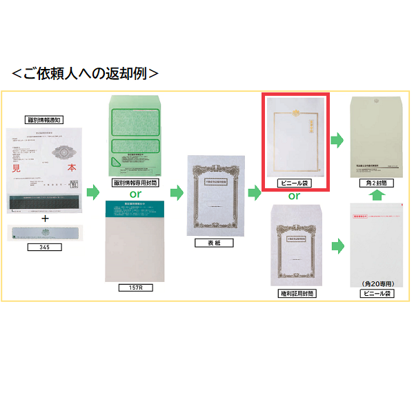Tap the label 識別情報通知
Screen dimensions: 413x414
[44, 119]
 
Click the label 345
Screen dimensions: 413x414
[45, 246]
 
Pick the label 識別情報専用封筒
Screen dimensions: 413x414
[136, 183]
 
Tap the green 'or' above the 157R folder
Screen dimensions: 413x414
[136, 194]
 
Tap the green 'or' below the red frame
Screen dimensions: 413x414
[295, 196]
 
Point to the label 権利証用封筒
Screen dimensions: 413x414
[295, 293]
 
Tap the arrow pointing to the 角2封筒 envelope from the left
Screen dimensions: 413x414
[337, 141]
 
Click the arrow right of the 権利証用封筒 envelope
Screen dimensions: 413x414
[337, 245]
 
